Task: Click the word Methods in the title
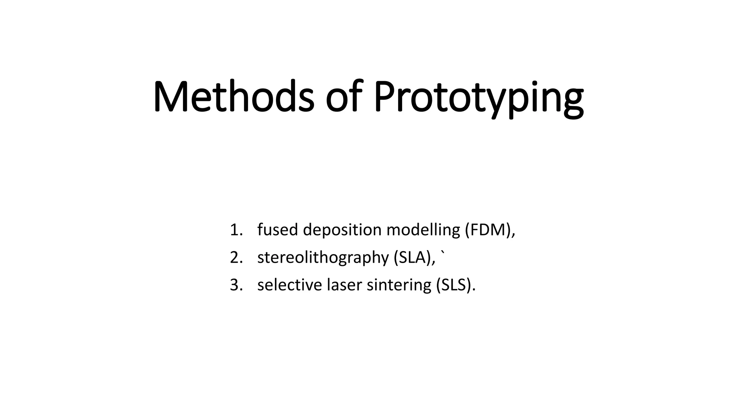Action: (234, 96)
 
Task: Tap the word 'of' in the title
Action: (343, 96)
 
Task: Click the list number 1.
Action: (235, 230)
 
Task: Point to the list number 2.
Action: (236, 258)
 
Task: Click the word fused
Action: (277, 230)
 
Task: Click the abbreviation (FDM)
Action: (488, 230)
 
